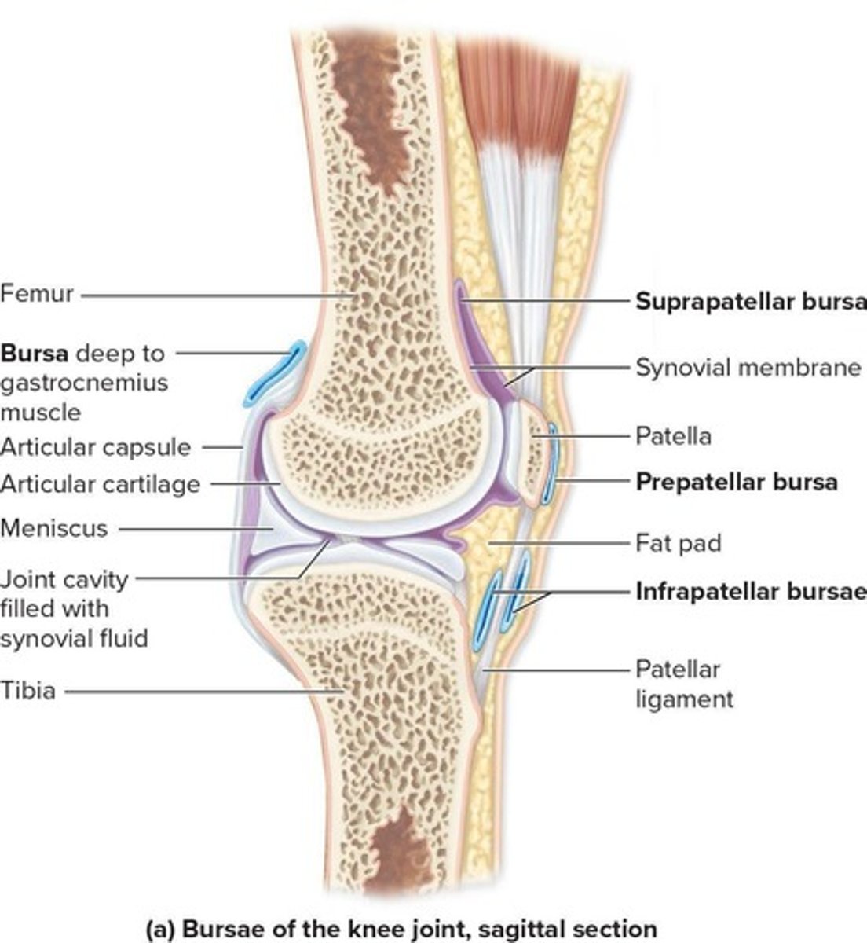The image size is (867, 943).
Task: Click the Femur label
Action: pyautogui.click(x=36, y=295)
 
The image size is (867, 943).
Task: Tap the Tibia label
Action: pyautogui.click(x=28, y=692)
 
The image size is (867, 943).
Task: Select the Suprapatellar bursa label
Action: pyautogui.click(x=751, y=302)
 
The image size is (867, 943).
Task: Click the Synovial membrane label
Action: pyautogui.click(x=748, y=368)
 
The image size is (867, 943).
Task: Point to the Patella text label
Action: pyautogui.click(x=673, y=435)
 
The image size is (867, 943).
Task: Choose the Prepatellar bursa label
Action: pyautogui.click(x=736, y=481)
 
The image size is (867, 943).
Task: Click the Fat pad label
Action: pyautogui.click(x=678, y=543)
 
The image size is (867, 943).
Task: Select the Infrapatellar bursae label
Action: pyautogui.click(x=751, y=591)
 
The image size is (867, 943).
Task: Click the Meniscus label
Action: pyautogui.click(x=53, y=528)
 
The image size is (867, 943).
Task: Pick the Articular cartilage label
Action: pyautogui.click(x=100, y=484)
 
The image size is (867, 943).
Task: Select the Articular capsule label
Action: pyautogui.click(x=95, y=447)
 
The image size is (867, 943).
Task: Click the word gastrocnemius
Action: pyautogui.click(x=84, y=383)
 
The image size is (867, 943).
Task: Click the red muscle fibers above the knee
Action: pyautogui.click(x=518, y=86)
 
